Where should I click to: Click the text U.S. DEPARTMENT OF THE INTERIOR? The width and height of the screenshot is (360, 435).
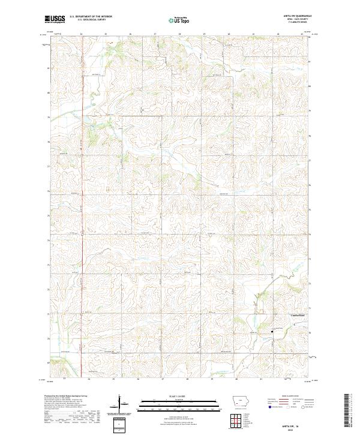click(x=91, y=16)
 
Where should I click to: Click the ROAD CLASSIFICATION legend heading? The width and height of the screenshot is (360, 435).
click(x=288, y=397)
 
